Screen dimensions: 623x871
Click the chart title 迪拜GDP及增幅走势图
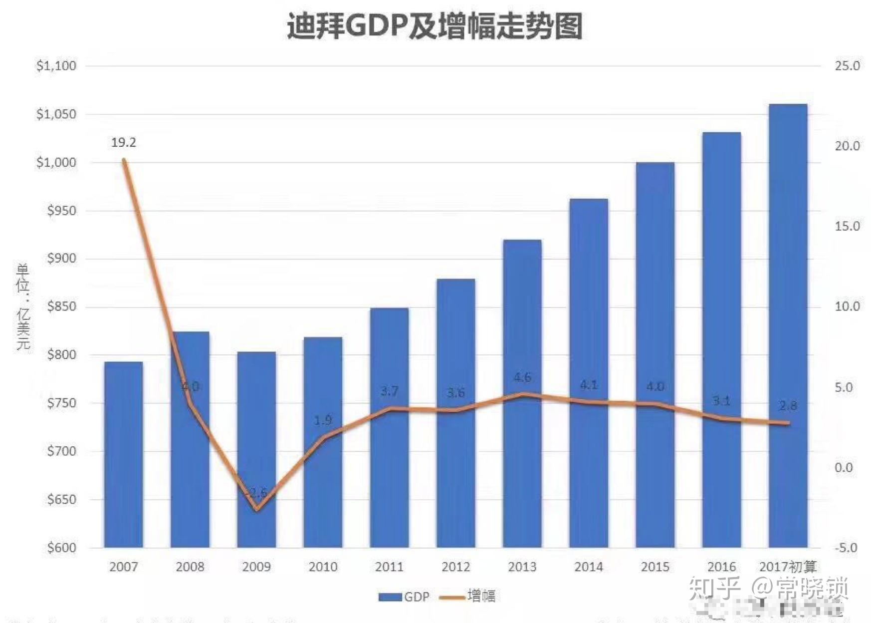(x=435, y=26)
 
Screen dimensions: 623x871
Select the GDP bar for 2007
(x=123, y=454)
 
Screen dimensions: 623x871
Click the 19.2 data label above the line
(x=123, y=143)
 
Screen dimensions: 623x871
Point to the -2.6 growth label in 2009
(x=256, y=493)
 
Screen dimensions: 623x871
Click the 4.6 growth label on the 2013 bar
(x=522, y=377)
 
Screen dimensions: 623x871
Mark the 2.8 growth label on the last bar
(x=788, y=406)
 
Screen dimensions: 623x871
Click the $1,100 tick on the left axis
(x=56, y=66)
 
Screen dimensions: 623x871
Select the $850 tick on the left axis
(x=61, y=307)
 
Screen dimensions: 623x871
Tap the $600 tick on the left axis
(x=61, y=548)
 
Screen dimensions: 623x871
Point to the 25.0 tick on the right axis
(x=847, y=66)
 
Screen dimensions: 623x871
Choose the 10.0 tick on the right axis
(x=847, y=307)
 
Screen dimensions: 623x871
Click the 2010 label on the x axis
(x=323, y=567)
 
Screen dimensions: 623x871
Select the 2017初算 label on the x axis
(x=788, y=567)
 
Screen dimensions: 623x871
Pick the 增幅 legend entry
(x=468, y=596)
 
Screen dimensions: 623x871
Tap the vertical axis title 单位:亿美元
(x=23, y=307)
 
